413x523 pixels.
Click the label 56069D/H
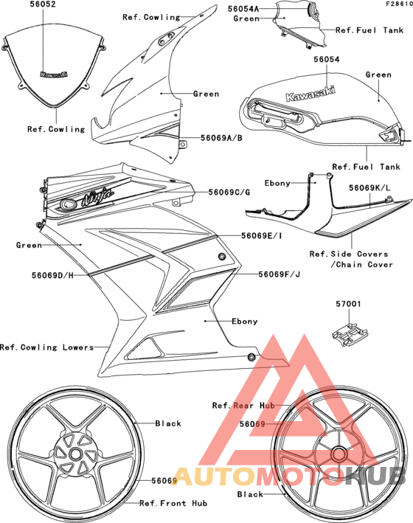point(52,275)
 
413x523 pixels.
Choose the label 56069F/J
point(280,274)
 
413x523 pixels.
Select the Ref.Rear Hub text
point(243,405)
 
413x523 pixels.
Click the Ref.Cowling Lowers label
point(46,347)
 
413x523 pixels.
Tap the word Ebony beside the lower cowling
point(245,321)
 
